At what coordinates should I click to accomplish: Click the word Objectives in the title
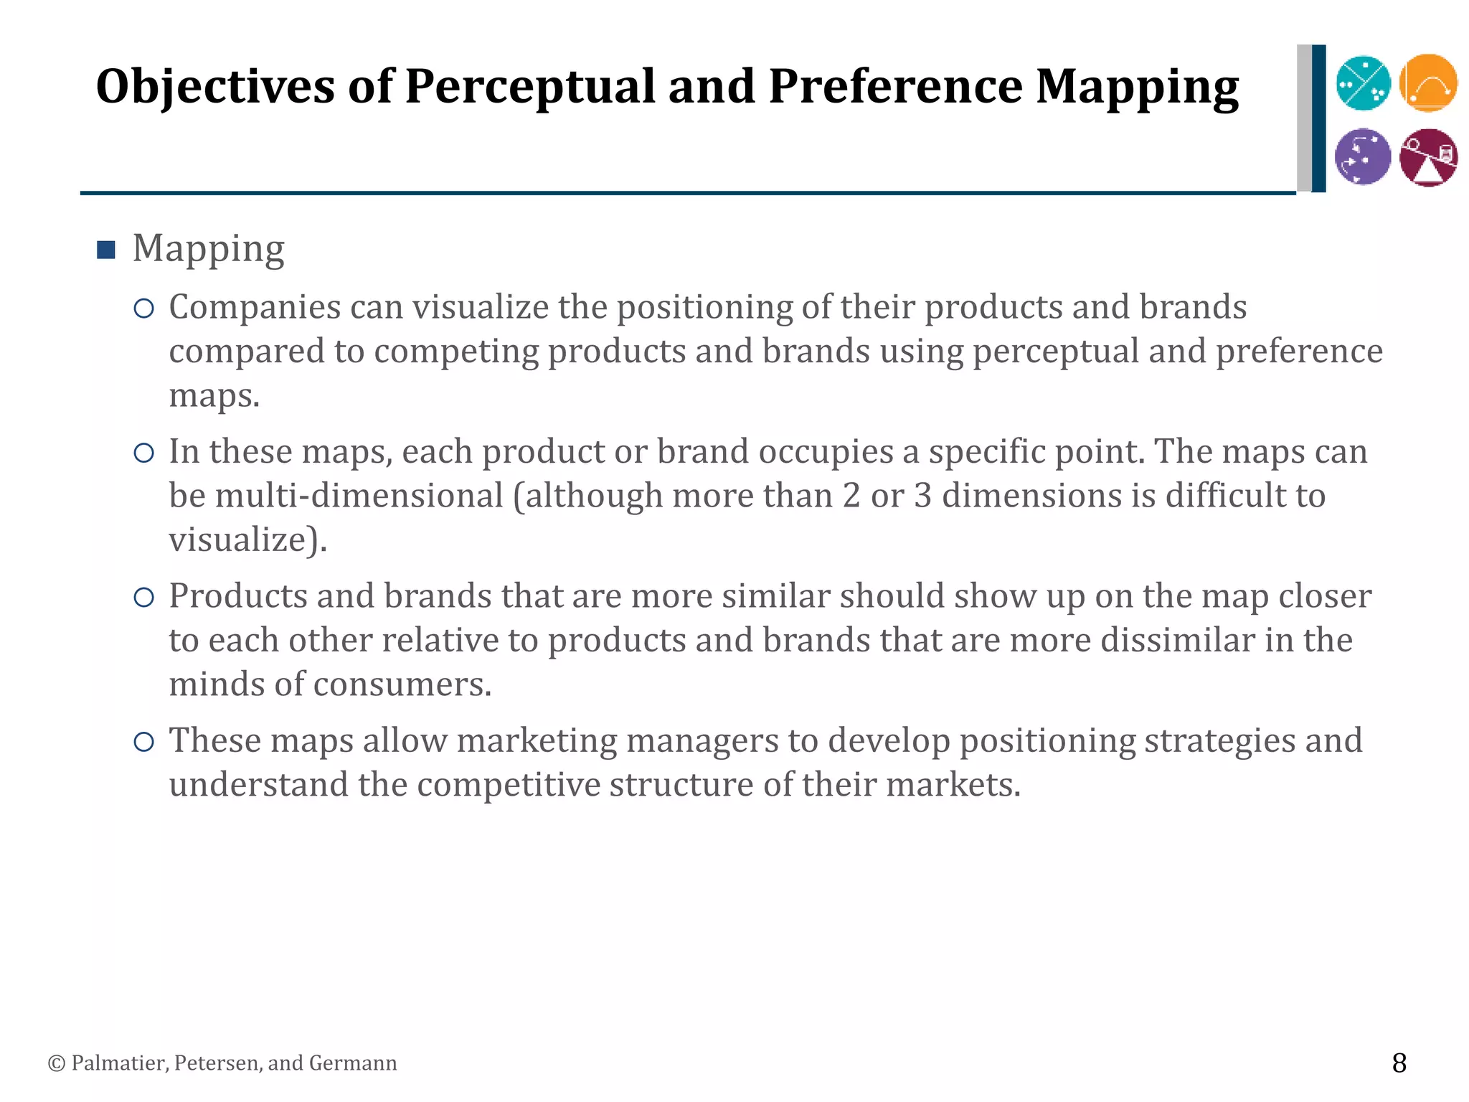pyautogui.click(x=215, y=88)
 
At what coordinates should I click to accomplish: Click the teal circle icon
pyautogui.click(x=1363, y=83)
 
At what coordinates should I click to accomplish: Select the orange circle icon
pyautogui.click(x=1428, y=83)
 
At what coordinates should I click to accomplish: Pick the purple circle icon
pyautogui.click(x=1363, y=156)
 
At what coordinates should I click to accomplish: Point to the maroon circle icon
pyautogui.click(x=1428, y=157)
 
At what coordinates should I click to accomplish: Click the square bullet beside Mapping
pyautogui.click(x=106, y=250)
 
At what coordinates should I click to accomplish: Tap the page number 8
pyautogui.click(x=1399, y=1063)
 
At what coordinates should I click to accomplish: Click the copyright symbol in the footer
pyautogui.click(x=56, y=1063)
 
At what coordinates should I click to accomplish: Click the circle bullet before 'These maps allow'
pyautogui.click(x=144, y=742)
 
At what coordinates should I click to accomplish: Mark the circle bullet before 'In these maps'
pyautogui.click(x=144, y=453)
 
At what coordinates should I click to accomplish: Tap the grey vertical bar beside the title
pyautogui.click(x=1303, y=118)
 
